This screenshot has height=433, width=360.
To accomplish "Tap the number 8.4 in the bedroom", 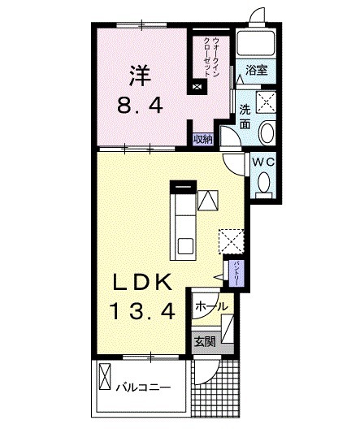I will (140, 104).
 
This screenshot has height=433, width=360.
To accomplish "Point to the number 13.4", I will (142, 310).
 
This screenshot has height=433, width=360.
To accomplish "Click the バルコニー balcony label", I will (141, 386).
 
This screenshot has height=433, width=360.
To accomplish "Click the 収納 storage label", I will (202, 138).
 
